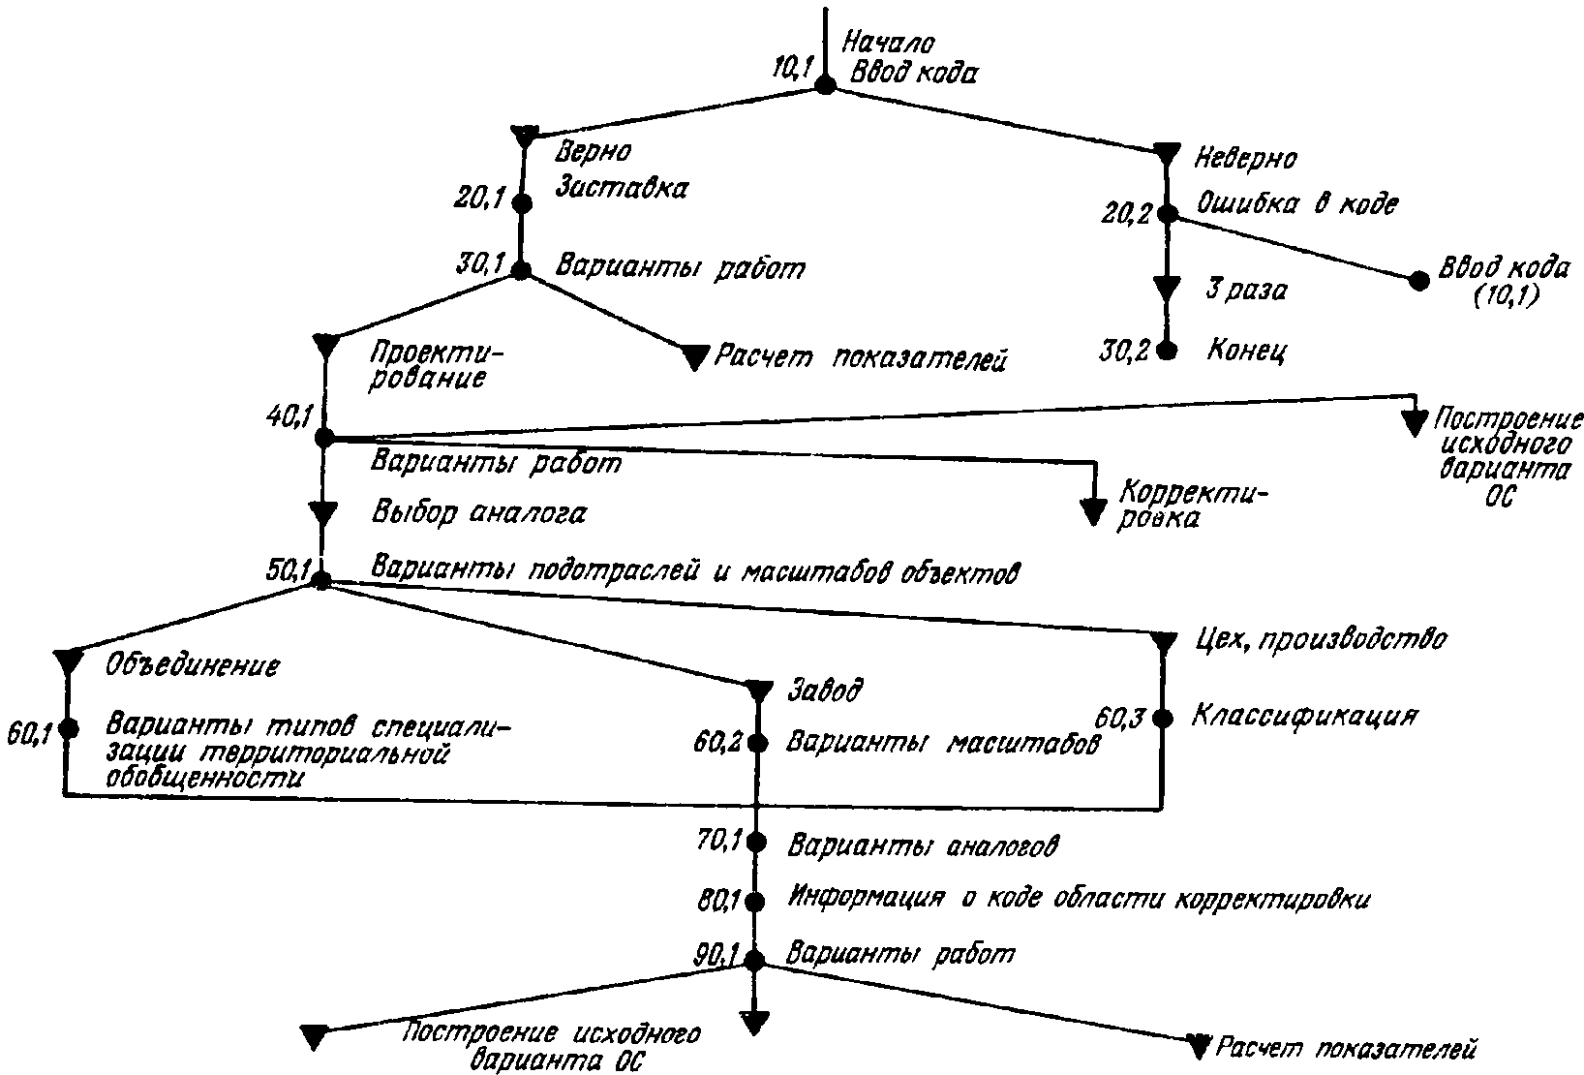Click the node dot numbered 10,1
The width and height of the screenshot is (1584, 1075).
pos(825,85)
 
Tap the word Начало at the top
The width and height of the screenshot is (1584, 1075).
pos(889,44)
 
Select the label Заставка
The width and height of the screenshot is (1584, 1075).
pos(622,188)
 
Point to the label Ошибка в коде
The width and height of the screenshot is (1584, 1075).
pos(1297,203)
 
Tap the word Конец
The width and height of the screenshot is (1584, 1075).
pos(1247,350)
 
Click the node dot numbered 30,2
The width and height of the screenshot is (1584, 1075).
pos(1167,350)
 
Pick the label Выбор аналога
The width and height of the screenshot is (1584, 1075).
pos(478,512)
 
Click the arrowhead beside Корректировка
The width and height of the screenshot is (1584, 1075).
pos(1094,511)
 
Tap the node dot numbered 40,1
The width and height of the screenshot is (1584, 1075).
pos(324,438)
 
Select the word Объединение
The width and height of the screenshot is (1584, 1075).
pos(193,665)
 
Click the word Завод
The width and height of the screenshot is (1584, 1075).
pos(825,690)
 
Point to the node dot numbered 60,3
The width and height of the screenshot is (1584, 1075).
pos(1163,719)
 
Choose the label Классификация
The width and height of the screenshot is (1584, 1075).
pos(1305,716)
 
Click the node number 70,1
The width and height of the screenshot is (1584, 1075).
pos(718,841)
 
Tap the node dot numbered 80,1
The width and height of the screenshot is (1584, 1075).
pos(755,902)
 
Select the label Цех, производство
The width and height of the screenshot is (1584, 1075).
pos(1321,639)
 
